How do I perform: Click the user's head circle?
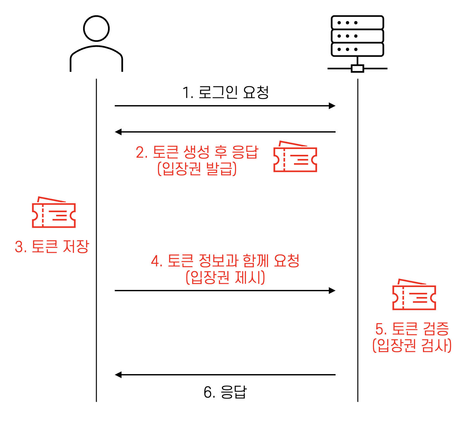(x=96, y=28)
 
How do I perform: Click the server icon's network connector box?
(x=357, y=68)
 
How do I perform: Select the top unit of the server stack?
(x=357, y=23)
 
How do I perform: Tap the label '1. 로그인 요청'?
(x=225, y=93)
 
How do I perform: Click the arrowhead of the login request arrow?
(x=332, y=106)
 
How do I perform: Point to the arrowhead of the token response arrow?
(x=119, y=132)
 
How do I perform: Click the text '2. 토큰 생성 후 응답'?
(x=197, y=152)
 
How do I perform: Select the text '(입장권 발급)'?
(x=197, y=168)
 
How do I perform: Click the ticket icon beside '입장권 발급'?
(x=295, y=157)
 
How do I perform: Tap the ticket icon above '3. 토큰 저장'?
(x=54, y=213)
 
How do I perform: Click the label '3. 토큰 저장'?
(x=52, y=247)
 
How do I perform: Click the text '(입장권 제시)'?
(x=225, y=277)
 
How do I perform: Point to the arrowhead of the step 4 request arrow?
(x=332, y=291)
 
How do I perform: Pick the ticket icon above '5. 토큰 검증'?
(x=414, y=295)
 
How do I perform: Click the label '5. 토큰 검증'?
(x=412, y=329)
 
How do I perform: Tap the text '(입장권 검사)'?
(x=412, y=345)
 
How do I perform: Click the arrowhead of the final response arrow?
(x=119, y=375)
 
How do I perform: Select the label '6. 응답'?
(x=225, y=392)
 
